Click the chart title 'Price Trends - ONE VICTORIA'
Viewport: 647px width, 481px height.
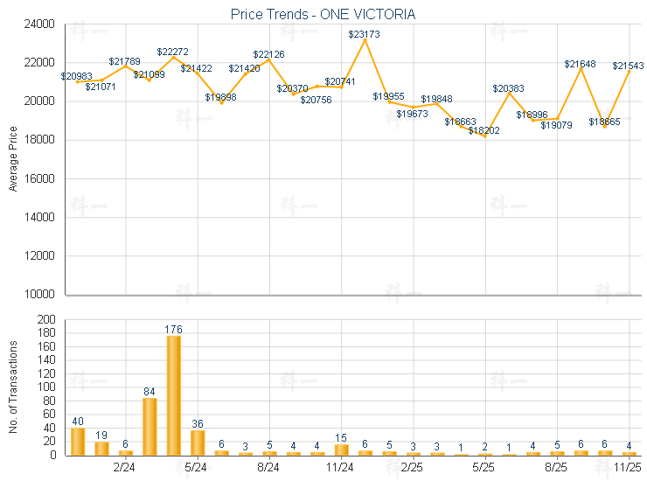tap(323, 15)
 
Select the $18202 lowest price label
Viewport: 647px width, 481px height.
tap(484, 130)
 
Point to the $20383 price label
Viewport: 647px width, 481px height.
tap(509, 88)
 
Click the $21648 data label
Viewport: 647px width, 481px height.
tap(580, 64)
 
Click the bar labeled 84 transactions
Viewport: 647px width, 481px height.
tap(150, 426)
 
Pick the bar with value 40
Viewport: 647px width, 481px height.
tap(78, 441)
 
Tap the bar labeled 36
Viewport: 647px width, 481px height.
tap(198, 443)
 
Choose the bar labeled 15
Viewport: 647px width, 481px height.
tap(341, 450)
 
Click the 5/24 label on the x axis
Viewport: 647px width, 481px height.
tap(197, 468)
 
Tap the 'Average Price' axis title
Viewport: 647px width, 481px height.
tap(12, 159)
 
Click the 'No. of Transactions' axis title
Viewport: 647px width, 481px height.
tap(12, 387)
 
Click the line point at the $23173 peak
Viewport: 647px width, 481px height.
tap(365, 40)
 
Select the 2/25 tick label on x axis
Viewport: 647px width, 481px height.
tap(412, 468)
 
